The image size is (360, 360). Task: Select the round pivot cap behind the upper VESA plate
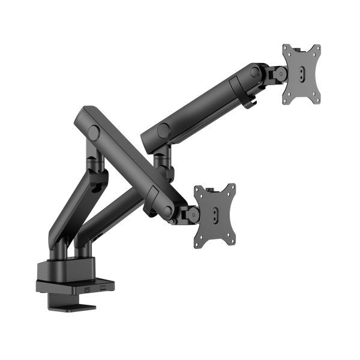256,72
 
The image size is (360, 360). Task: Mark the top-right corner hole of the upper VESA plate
317,48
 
